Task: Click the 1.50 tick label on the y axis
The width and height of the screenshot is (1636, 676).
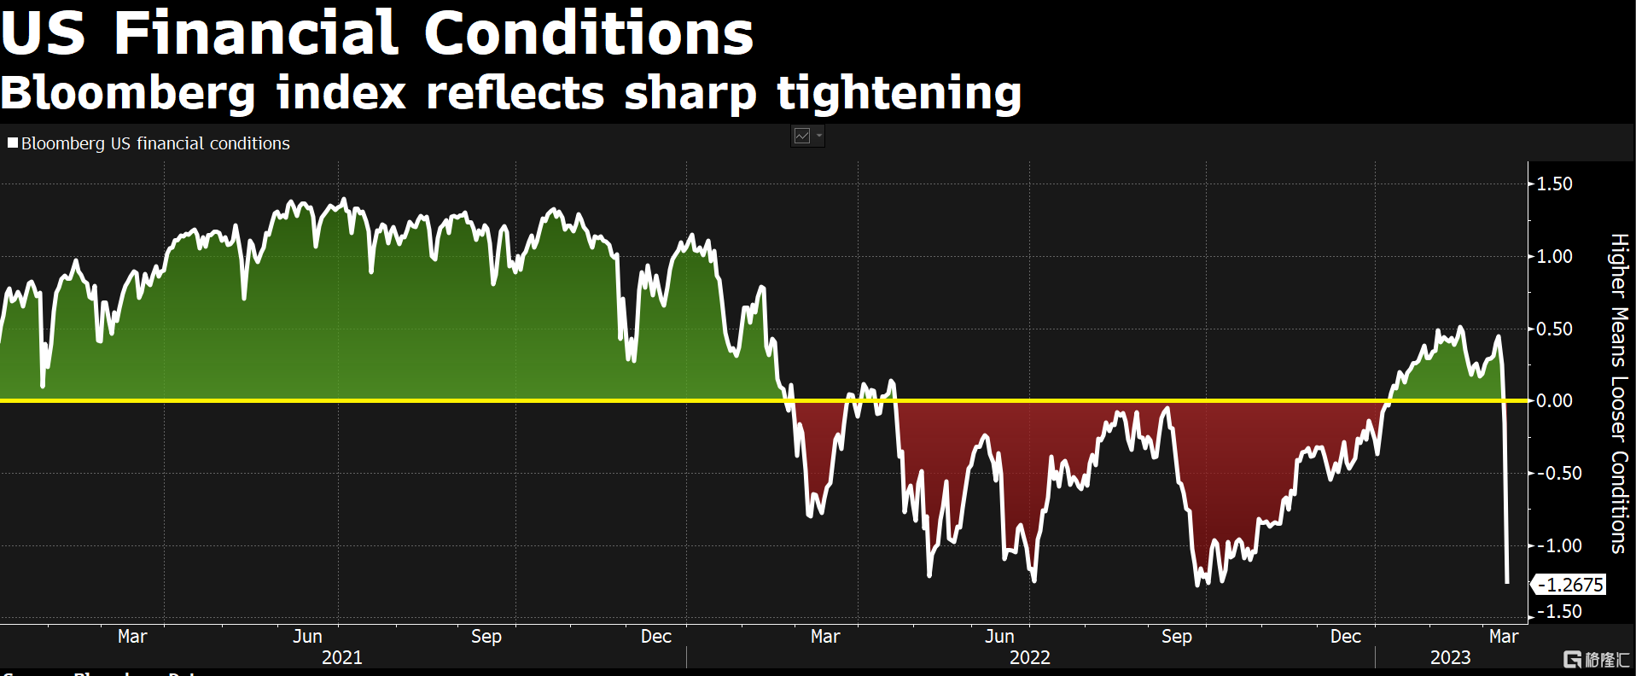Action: click(x=1554, y=184)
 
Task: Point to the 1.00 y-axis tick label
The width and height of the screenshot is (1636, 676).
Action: click(x=1554, y=256)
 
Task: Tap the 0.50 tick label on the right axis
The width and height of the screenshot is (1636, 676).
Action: click(x=1554, y=329)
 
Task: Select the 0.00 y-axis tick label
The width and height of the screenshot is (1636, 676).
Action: click(x=1554, y=400)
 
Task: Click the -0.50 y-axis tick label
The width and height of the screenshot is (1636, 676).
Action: click(x=1558, y=473)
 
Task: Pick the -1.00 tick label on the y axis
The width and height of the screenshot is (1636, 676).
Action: click(x=1558, y=545)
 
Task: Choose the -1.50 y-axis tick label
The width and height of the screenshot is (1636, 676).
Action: click(x=1558, y=611)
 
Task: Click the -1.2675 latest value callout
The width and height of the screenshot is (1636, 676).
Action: click(x=1572, y=585)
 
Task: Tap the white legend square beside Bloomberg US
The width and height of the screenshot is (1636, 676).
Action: click(x=13, y=143)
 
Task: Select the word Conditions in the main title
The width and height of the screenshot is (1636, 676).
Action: click(x=588, y=34)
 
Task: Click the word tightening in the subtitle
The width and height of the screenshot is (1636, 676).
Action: click(x=899, y=92)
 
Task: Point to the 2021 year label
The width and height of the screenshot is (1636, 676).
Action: click(x=341, y=657)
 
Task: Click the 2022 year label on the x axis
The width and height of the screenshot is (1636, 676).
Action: click(x=1029, y=657)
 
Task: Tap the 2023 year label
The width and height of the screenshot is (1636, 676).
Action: click(x=1450, y=657)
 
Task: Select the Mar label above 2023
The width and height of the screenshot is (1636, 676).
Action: click(x=1503, y=636)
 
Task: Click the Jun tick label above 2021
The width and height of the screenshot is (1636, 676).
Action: click(x=307, y=636)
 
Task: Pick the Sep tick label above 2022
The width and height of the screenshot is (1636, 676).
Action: click(x=1176, y=636)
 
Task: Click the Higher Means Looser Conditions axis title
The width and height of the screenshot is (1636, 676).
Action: click(x=1618, y=393)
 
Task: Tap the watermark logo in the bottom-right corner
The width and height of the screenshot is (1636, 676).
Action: click(x=1595, y=659)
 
